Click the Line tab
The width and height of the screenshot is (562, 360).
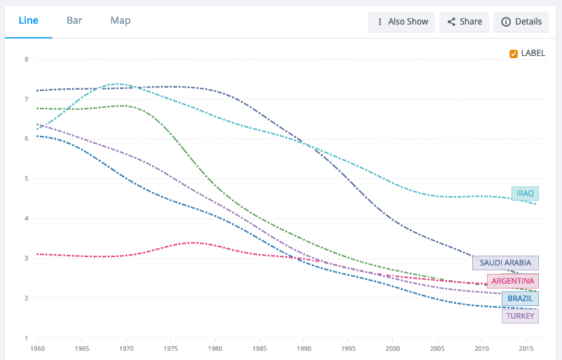pyautogui.click(x=28, y=20)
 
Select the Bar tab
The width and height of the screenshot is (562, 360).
pyautogui.click(x=74, y=20)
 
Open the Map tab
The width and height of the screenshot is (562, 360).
pyautogui.click(x=121, y=21)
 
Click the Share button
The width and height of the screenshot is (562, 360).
pyautogui.click(x=464, y=22)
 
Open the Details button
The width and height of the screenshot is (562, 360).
pyautogui.click(x=521, y=22)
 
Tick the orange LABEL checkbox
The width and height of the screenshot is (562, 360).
pyautogui.click(x=514, y=54)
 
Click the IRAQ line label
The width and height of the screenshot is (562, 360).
pyautogui.click(x=525, y=194)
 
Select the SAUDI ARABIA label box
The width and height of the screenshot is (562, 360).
pyautogui.click(x=505, y=263)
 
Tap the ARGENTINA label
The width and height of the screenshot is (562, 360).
pyautogui.click(x=513, y=281)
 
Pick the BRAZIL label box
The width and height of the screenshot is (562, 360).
pyautogui.click(x=520, y=299)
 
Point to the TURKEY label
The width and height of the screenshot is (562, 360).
pyautogui.click(x=520, y=317)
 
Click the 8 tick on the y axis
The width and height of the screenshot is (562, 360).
pyautogui.click(x=27, y=60)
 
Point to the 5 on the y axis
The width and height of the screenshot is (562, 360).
pyautogui.click(x=27, y=179)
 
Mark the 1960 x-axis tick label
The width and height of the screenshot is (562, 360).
pyautogui.click(x=38, y=349)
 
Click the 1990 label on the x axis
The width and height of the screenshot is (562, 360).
pyautogui.click(x=304, y=349)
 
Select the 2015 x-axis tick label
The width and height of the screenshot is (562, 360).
pyautogui.click(x=526, y=349)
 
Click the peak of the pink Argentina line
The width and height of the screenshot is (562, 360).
pyautogui.click(x=194, y=243)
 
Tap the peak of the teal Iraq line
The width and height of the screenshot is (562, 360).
pyautogui.click(x=117, y=84)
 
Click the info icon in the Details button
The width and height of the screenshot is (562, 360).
pyautogui.click(x=506, y=22)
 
